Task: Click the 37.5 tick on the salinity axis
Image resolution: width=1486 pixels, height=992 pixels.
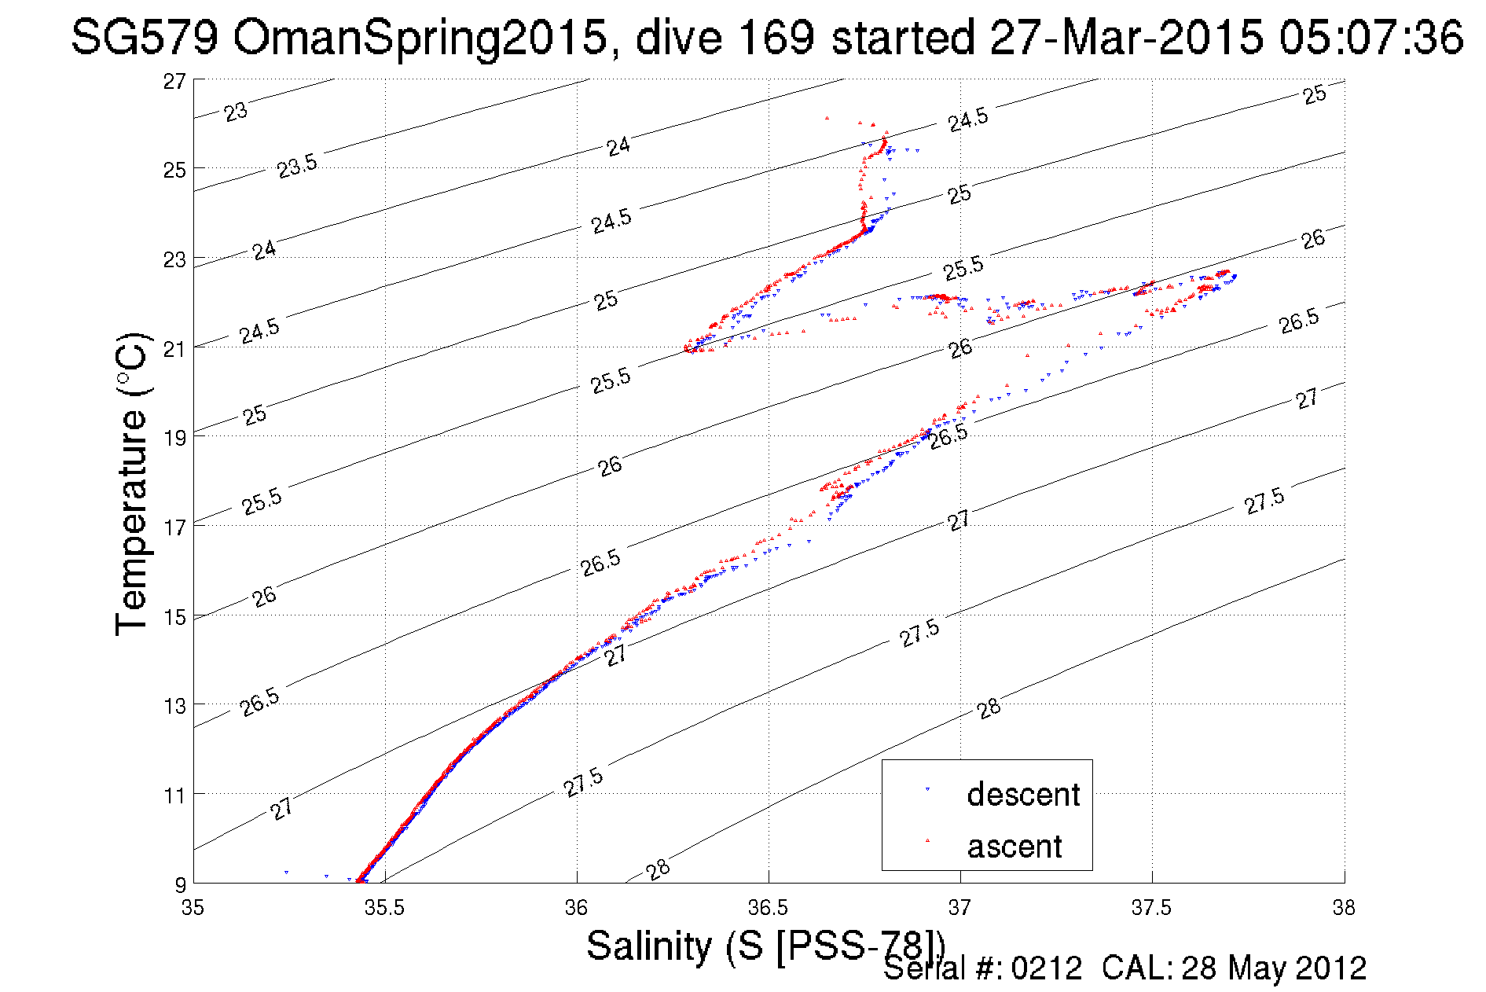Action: click(x=1151, y=908)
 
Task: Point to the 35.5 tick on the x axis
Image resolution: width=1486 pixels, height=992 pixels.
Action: click(x=384, y=908)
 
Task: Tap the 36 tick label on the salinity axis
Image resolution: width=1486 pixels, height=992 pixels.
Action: click(x=576, y=908)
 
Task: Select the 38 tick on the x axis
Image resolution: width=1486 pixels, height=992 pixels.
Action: click(x=1343, y=908)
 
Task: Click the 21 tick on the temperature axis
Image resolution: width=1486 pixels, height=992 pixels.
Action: click(x=174, y=348)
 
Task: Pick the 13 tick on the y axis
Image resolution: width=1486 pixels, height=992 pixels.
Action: click(x=174, y=705)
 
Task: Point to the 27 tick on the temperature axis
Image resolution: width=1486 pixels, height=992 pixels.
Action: click(x=174, y=81)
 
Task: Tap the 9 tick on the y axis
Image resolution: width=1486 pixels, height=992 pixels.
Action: click(x=180, y=884)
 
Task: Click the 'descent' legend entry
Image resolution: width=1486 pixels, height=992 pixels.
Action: click(x=1023, y=794)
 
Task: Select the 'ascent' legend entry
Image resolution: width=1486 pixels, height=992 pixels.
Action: click(x=1014, y=847)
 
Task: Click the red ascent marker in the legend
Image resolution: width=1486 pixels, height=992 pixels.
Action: click(x=928, y=841)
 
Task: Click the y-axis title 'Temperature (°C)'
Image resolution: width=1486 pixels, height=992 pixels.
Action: click(x=131, y=483)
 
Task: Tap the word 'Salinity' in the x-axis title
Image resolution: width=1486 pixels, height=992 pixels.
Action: click(x=648, y=945)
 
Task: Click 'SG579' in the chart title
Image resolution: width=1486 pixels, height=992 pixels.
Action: click(x=144, y=37)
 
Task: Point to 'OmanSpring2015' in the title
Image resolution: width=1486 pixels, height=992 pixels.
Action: click(x=420, y=37)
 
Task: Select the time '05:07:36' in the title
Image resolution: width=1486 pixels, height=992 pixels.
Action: click(x=1370, y=37)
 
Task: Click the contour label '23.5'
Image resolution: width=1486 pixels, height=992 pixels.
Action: click(x=297, y=166)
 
